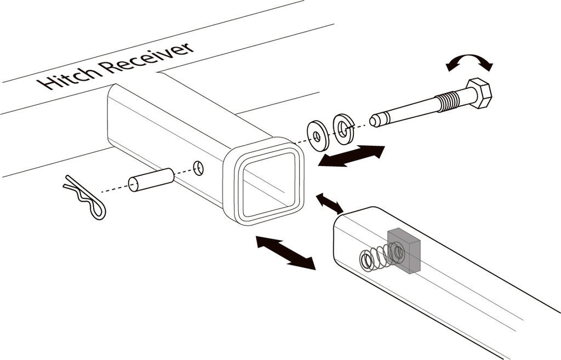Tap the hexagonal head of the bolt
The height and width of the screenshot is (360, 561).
coord(479,93)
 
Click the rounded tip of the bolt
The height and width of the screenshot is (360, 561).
coord(375,120)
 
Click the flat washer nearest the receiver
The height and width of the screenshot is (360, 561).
coord(318,136)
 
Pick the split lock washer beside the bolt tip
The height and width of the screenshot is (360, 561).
coord(343,128)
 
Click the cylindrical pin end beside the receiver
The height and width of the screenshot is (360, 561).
coord(151,179)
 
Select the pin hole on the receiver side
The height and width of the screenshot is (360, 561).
coord(198,168)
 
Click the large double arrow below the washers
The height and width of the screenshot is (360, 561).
coord(351,156)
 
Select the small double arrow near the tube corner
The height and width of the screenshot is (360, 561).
coord(329,203)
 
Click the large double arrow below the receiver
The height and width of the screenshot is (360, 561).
coord(286,253)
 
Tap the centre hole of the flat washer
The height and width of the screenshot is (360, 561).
coord(317,136)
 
